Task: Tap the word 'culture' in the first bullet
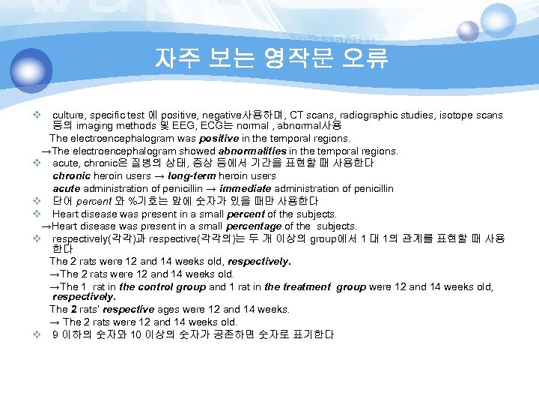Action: (70, 115)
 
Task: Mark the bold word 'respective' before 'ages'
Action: (129, 309)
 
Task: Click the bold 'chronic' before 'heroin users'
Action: (72, 175)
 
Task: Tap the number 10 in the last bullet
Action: (135, 334)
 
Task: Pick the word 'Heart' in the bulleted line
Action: (66, 214)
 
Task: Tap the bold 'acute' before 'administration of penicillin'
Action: (67, 187)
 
